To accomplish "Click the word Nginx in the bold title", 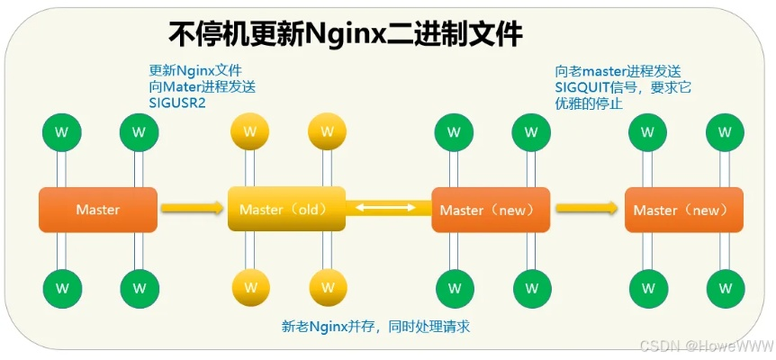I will tap(347, 34).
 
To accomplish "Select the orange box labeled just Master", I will tap(97, 210).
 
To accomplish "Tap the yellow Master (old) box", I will tap(286, 210).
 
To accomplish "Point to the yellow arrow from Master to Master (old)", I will tap(191, 208).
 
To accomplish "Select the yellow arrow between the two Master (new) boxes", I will tap(587, 208).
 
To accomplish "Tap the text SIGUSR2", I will tap(177, 103).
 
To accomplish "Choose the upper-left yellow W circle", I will tap(249, 131).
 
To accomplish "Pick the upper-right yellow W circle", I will tap(326, 131).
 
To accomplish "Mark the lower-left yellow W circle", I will tap(249, 288).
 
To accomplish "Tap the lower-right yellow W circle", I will tap(326, 288).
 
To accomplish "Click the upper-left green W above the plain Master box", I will tap(61, 131).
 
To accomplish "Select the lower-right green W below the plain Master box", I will tap(139, 288).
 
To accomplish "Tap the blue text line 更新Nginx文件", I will tap(194, 70).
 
